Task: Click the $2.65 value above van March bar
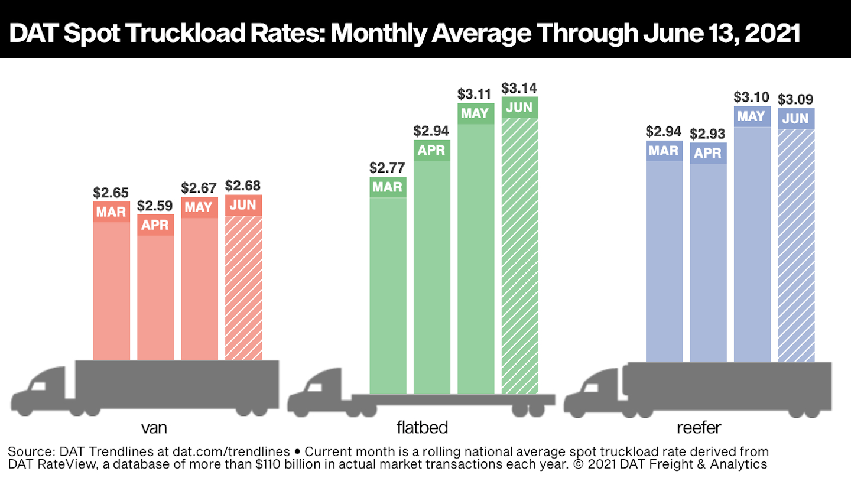pyautogui.click(x=111, y=193)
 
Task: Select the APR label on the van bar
pyautogui.click(x=155, y=225)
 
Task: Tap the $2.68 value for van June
pyautogui.click(x=243, y=186)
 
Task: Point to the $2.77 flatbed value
pyautogui.click(x=387, y=168)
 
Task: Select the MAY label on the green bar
pyautogui.click(x=475, y=113)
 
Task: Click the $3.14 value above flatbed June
pyautogui.click(x=519, y=88)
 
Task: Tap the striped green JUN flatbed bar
pyautogui.click(x=520, y=254)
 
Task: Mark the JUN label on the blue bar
pyautogui.click(x=795, y=119)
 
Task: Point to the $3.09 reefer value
pyautogui.click(x=795, y=99)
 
